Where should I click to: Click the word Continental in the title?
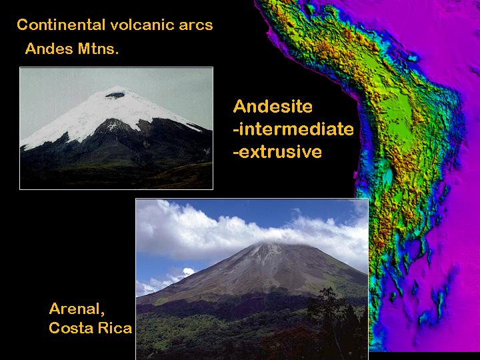61,25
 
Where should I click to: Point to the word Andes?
49,49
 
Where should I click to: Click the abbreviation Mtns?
98,49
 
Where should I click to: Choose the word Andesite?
273,107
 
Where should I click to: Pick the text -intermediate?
293,129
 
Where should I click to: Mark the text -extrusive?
277,152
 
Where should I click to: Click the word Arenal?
77,309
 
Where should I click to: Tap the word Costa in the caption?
71,328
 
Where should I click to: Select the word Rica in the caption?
115,328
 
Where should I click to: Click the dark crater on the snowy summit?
115,95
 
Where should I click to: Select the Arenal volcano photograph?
252,279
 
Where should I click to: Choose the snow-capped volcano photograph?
116,128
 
